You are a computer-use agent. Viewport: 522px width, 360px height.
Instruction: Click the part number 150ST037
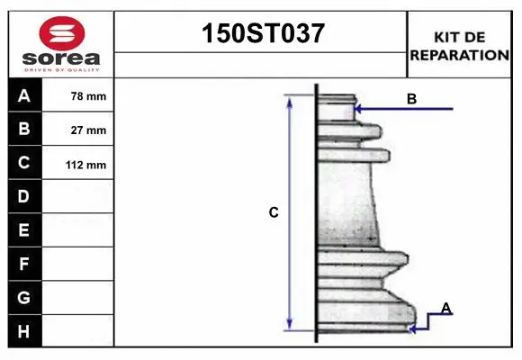(x=261, y=34)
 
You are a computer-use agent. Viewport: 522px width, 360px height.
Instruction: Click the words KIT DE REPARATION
(x=459, y=46)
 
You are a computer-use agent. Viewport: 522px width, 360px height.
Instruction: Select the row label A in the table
(x=24, y=95)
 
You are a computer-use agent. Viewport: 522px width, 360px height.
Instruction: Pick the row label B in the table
(x=24, y=129)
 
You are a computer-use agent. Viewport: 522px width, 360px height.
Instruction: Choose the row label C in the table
(x=24, y=163)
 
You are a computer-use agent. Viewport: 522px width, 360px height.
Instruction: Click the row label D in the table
(x=24, y=196)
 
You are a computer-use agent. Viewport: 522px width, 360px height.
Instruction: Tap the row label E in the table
(x=24, y=230)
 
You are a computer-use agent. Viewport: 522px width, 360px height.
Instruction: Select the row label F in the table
(x=24, y=265)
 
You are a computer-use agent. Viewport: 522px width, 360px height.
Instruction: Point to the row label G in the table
(x=24, y=298)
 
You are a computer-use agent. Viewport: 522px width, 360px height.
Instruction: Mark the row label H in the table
(x=24, y=332)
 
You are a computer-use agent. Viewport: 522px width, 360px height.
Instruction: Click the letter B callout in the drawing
(x=411, y=99)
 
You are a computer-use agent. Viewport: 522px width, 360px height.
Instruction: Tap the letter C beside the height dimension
(x=274, y=213)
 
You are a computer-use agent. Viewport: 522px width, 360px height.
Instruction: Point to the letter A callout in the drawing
(x=446, y=309)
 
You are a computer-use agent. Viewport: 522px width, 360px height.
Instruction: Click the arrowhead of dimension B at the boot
(x=358, y=109)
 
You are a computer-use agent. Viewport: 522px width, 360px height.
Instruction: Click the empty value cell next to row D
(x=78, y=196)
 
